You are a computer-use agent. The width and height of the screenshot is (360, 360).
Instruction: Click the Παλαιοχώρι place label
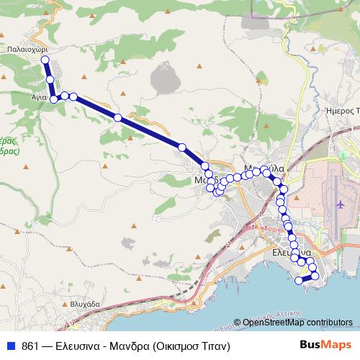(x=30, y=49)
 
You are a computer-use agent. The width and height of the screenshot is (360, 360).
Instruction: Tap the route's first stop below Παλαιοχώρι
(x=45, y=60)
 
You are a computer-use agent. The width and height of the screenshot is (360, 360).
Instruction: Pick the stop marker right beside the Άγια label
(x=53, y=99)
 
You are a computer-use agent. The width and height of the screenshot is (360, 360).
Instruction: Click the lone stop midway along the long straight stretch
(x=117, y=117)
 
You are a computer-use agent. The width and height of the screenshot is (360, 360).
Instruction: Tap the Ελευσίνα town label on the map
(x=292, y=253)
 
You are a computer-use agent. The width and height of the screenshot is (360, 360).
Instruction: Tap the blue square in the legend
(x=11, y=346)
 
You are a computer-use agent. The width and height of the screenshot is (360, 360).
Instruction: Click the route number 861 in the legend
(x=30, y=346)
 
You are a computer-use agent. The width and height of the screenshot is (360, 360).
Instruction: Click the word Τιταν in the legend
(x=213, y=346)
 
